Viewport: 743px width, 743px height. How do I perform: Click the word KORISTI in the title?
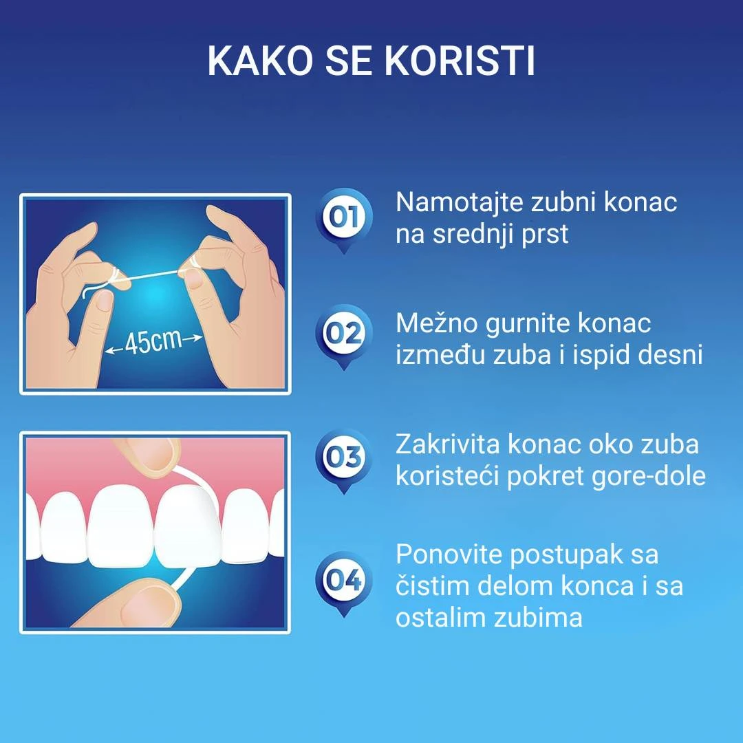coord(460,62)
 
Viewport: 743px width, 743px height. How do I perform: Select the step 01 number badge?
coord(344,217)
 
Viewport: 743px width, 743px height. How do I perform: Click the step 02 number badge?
coord(344,333)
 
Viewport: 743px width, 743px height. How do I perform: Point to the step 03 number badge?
coord(344,457)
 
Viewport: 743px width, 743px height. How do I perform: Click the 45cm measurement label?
coord(153,342)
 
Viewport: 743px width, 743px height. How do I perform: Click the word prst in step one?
coord(545,235)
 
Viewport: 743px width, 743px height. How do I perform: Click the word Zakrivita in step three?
coord(447,444)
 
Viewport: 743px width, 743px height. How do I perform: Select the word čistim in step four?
coord(431,586)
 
